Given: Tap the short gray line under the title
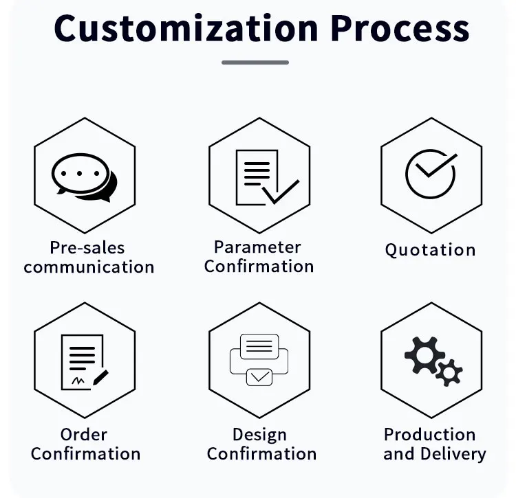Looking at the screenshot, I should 255,63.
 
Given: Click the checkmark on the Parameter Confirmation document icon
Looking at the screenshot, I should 280,192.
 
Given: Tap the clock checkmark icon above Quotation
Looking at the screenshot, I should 431,174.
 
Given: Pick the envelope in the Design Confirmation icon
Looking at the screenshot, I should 259,377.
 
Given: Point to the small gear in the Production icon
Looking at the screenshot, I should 449,372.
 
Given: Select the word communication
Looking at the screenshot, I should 89,267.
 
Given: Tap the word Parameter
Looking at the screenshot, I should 257,247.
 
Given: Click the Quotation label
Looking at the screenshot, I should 430,249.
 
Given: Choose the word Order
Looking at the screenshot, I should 84,434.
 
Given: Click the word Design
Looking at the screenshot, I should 259,434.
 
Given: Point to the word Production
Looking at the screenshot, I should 429,434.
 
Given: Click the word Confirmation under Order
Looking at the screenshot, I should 85,454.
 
